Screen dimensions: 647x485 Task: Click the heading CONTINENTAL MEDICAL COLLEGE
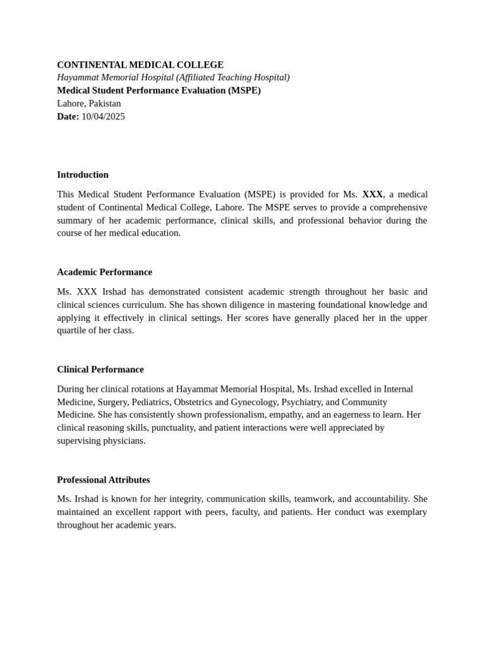(x=140, y=64)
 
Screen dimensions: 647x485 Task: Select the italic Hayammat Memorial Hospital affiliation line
(x=173, y=77)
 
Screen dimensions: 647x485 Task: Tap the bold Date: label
(x=68, y=116)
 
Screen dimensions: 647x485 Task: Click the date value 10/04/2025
(x=103, y=116)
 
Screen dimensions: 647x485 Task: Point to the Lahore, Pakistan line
(x=89, y=103)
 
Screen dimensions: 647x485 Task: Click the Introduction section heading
(x=83, y=174)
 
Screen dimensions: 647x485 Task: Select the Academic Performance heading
(x=104, y=272)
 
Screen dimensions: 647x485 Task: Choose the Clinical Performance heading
(x=100, y=369)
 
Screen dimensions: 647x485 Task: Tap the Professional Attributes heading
(x=104, y=480)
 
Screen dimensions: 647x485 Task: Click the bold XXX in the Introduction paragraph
(x=372, y=194)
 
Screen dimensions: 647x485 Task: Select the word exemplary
(x=405, y=511)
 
